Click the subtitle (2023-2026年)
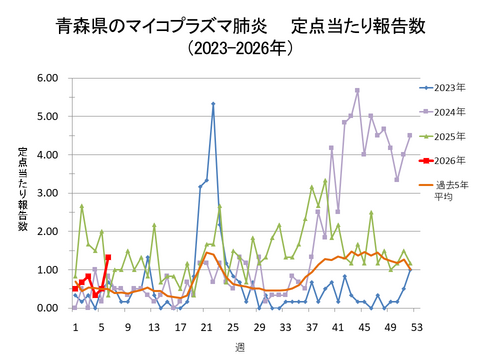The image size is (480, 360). point(240,46)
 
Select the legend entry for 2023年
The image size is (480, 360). point(446,88)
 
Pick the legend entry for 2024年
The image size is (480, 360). point(446,112)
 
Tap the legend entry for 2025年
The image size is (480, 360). point(446,136)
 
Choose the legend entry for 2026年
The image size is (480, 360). point(446,160)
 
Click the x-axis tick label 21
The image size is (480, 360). point(205,325)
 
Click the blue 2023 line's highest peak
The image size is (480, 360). point(213,103)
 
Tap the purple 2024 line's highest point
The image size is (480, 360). point(357,90)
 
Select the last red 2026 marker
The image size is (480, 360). point(108,257)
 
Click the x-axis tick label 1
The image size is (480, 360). point(75,325)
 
